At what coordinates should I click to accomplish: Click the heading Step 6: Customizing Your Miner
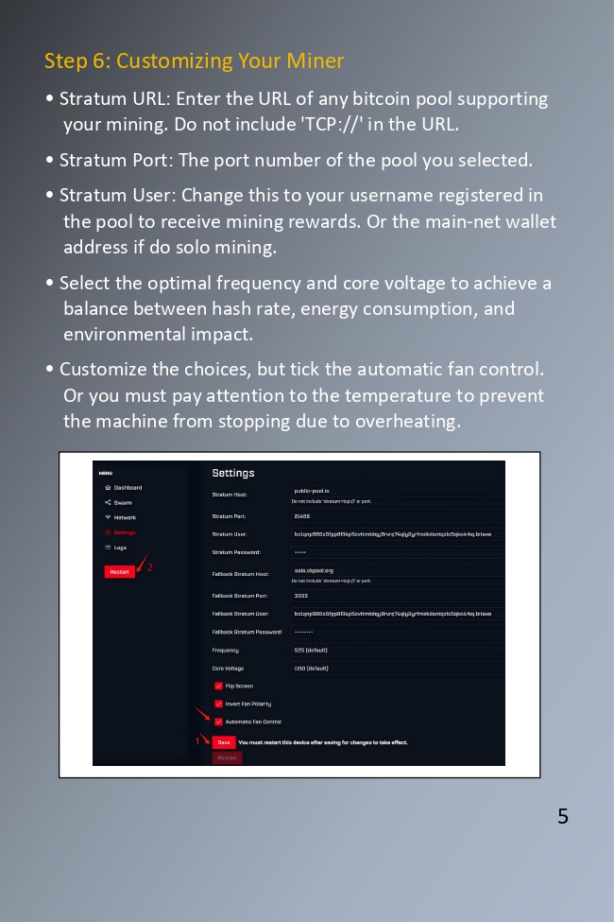click(x=194, y=61)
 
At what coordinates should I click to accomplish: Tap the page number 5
click(x=563, y=816)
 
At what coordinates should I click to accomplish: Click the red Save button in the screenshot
click(x=224, y=742)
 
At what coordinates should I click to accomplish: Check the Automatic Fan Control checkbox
click(x=219, y=722)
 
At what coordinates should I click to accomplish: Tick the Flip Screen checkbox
click(x=219, y=687)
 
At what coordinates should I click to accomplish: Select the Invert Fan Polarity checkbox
click(x=219, y=705)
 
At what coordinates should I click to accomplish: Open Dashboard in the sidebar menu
click(x=128, y=488)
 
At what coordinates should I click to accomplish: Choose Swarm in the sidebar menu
click(x=123, y=503)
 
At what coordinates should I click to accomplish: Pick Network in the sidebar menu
click(x=125, y=518)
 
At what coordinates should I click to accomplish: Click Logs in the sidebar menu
click(x=120, y=548)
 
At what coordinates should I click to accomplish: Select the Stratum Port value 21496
click(x=302, y=516)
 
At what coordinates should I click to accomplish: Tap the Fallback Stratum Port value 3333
click(x=301, y=596)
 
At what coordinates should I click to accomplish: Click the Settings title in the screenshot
click(x=233, y=473)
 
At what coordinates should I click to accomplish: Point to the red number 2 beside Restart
click(x=149, y=567)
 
